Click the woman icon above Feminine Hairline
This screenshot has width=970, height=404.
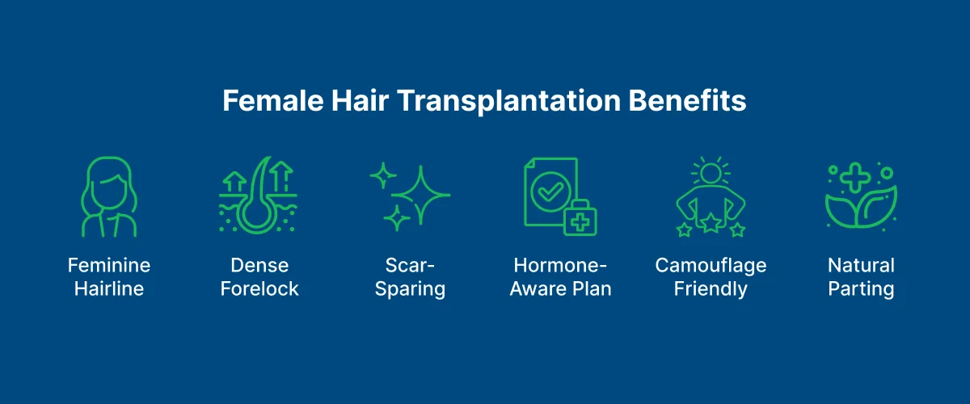click(x=109, y=197)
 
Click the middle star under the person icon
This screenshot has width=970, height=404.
click(x=711, y=222)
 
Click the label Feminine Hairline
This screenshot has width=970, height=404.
click(x=109, y=277)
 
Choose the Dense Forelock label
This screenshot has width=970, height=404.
click(x=259, y=277)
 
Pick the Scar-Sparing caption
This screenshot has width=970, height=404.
click(x=409, y=277)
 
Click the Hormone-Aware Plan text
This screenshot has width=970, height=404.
click(x=560, y=277)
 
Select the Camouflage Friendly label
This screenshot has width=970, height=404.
click(x=711, y=277)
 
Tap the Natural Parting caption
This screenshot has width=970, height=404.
click(x=861, y=277)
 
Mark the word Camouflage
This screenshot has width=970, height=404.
click(x=711, y=266)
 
